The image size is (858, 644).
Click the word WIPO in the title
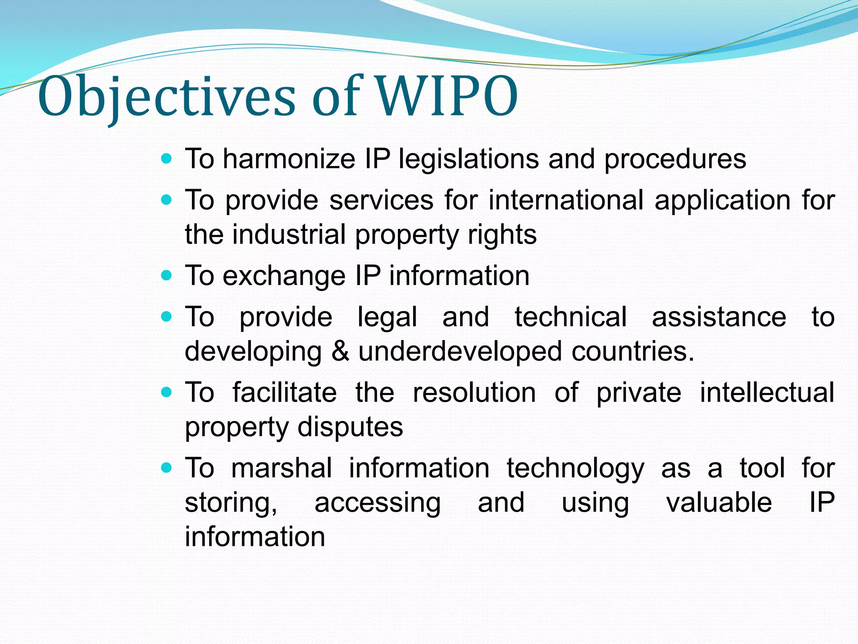(x=447, y=97)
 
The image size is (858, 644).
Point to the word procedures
(x=675, y=159)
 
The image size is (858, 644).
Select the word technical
(x=571, y=317)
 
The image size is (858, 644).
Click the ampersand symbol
(x=340, y=351)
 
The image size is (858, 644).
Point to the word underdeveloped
(x=460, y=351)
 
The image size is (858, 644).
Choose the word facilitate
(x=284, y=392)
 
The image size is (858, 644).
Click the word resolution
(x=474, y=392)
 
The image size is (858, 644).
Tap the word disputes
(x=350, y=427)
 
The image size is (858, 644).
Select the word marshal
(x=282, y=468)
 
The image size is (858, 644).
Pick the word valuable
(x=719, y=502)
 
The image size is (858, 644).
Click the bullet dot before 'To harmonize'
(x=167, y=158)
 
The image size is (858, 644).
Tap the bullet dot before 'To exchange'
(x=167, y=275)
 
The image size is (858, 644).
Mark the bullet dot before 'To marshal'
(x=167, y=467)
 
